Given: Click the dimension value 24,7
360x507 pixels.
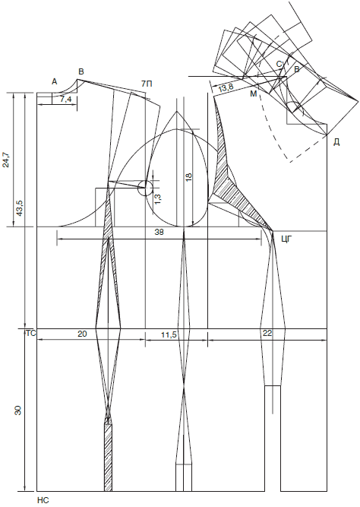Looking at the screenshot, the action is (x=6, y=159).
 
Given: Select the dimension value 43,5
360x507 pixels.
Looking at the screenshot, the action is (x=19, y=207).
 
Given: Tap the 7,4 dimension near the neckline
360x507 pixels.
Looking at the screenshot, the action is (x=65, y=100).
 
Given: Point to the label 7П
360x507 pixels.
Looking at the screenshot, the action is (x=147, y=84).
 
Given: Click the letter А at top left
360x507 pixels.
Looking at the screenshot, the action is (x=54, y=82).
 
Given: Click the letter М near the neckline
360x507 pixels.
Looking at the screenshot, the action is (x=254, y=93).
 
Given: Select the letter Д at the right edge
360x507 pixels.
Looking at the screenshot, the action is (x=336, y=142).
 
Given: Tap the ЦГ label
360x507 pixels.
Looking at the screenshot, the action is (x=287, y=239).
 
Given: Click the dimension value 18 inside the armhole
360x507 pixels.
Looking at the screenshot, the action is (x=188, y=176).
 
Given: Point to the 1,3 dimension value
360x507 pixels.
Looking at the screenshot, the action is (x=158, y=198).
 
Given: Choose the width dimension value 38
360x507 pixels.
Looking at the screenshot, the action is (x=159, y=232).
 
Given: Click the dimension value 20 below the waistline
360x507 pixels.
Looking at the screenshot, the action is (x=82, y=334).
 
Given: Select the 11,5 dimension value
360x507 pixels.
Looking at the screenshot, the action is (x=169, y=335).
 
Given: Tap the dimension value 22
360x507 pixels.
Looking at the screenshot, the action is (x=267, y=334).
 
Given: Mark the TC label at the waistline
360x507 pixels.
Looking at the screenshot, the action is (x=30, y=334).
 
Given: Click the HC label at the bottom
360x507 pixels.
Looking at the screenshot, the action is (x=43, y=500).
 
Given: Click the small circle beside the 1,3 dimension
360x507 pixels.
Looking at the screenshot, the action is (x=145, y=189).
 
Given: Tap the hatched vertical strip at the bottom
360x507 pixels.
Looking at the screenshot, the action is (x=109, y=458).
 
